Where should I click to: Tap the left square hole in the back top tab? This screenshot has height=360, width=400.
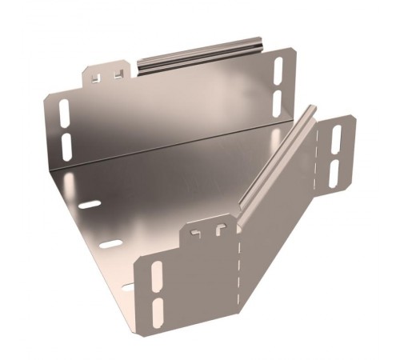pyautogui.click(x=99, y=78)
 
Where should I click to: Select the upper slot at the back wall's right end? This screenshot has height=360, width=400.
pyautogui.click(x=279, y=70)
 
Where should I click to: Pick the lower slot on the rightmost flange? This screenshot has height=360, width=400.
pyautogui.click(x=334, y=172)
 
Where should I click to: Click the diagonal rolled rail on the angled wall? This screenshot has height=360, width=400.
pyautogui.click(x=272, y=156)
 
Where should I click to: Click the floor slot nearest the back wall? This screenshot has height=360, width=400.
pyautogui.click(x=90, y=205)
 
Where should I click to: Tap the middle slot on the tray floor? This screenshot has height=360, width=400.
pyautogui.click(x=110, y=243)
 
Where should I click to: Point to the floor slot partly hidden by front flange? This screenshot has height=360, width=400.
pyautogui.click(x=128, y=283)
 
